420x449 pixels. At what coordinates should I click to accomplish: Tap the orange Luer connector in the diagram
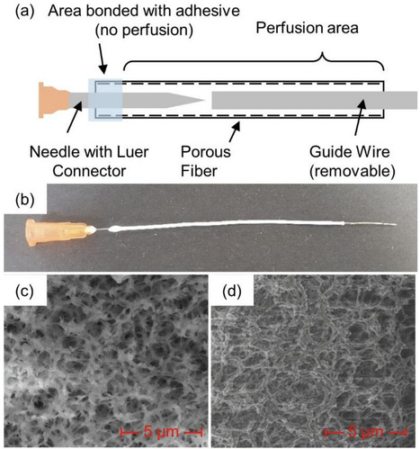49,99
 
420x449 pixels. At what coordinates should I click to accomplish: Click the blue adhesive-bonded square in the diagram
103,99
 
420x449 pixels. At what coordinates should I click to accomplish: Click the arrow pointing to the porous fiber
236,130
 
